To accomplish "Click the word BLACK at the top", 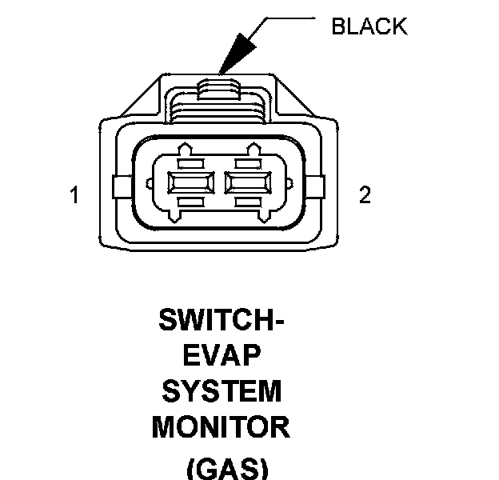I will (x=369, y=26).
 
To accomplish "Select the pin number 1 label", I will (x=74, y=195).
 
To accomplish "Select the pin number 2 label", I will (x=365, y=195).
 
